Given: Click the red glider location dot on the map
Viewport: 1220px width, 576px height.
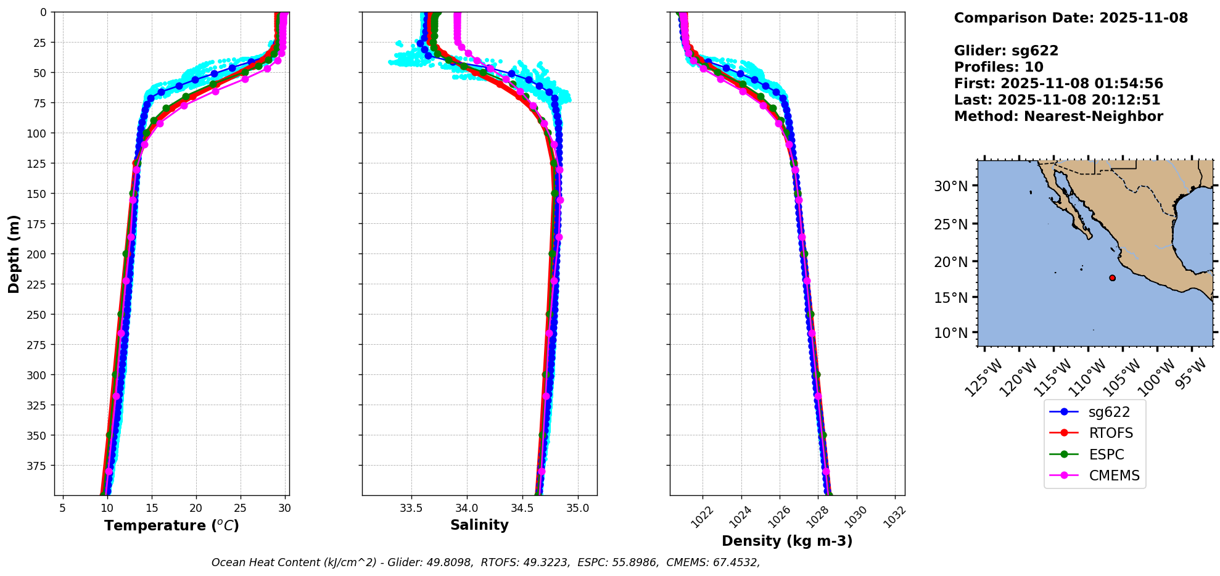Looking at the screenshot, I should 1112,278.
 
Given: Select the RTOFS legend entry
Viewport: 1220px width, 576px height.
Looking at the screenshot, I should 1111,434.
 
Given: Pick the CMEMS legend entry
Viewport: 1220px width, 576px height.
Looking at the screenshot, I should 1114,476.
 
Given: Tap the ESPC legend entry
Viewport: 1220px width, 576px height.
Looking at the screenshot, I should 1107,455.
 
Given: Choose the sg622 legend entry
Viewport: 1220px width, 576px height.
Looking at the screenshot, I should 1109,413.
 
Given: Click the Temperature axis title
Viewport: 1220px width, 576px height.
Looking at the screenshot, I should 171,525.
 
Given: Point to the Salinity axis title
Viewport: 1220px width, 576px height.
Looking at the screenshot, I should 479,525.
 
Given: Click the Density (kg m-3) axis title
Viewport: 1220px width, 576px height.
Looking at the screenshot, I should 787,541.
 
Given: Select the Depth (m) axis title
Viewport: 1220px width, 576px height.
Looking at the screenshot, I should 14,253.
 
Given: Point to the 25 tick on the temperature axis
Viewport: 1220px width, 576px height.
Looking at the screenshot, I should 240,508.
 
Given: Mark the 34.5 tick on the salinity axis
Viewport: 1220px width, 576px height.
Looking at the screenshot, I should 522,508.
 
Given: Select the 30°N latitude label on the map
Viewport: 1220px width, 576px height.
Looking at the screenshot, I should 950,186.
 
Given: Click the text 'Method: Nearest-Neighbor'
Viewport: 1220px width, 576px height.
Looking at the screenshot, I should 1058,117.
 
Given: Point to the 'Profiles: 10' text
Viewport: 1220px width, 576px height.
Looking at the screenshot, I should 999,67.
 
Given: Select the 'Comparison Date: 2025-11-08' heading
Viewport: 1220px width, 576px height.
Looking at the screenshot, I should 1071,18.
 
